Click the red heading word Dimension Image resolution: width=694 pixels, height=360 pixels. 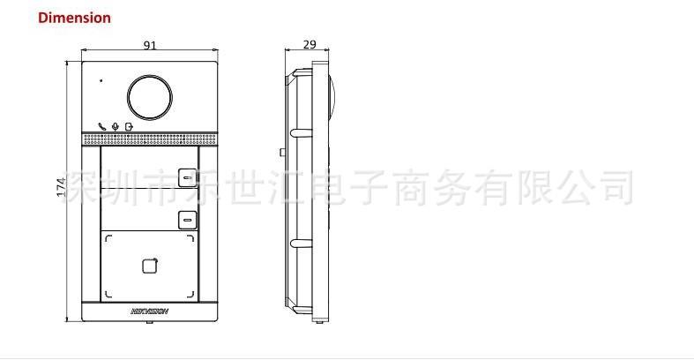75,18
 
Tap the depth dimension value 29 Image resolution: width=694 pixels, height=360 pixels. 310,43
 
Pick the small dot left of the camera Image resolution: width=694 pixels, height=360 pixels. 101,82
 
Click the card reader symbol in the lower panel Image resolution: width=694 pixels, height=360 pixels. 148,263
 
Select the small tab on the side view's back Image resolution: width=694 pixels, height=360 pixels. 281,152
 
